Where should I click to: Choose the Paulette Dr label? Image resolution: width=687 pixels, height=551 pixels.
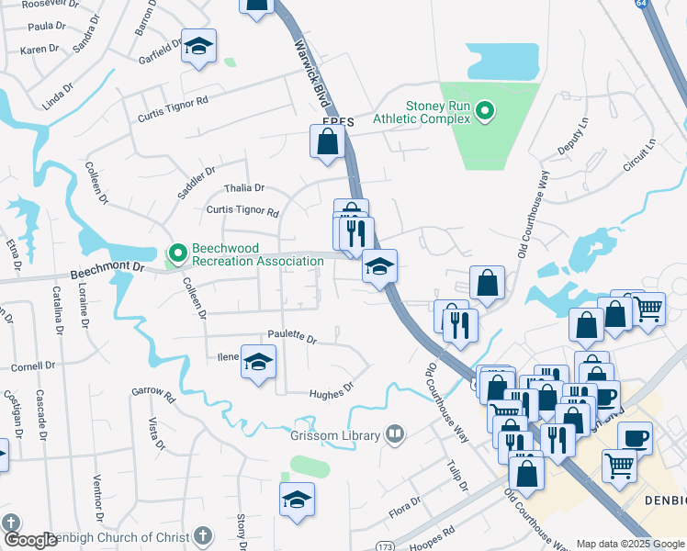click(x=292, y=339)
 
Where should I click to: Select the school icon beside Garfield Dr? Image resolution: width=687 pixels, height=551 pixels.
click(x=197, y=48)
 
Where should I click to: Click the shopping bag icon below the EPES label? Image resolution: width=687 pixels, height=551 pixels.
click(x=327, y=142)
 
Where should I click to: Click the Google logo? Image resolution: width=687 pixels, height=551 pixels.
click(x=30, y=540)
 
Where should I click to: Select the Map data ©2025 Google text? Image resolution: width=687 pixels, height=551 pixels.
click(x=629, y=544)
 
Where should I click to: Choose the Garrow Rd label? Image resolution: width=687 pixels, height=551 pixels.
click(x=152, y=394)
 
